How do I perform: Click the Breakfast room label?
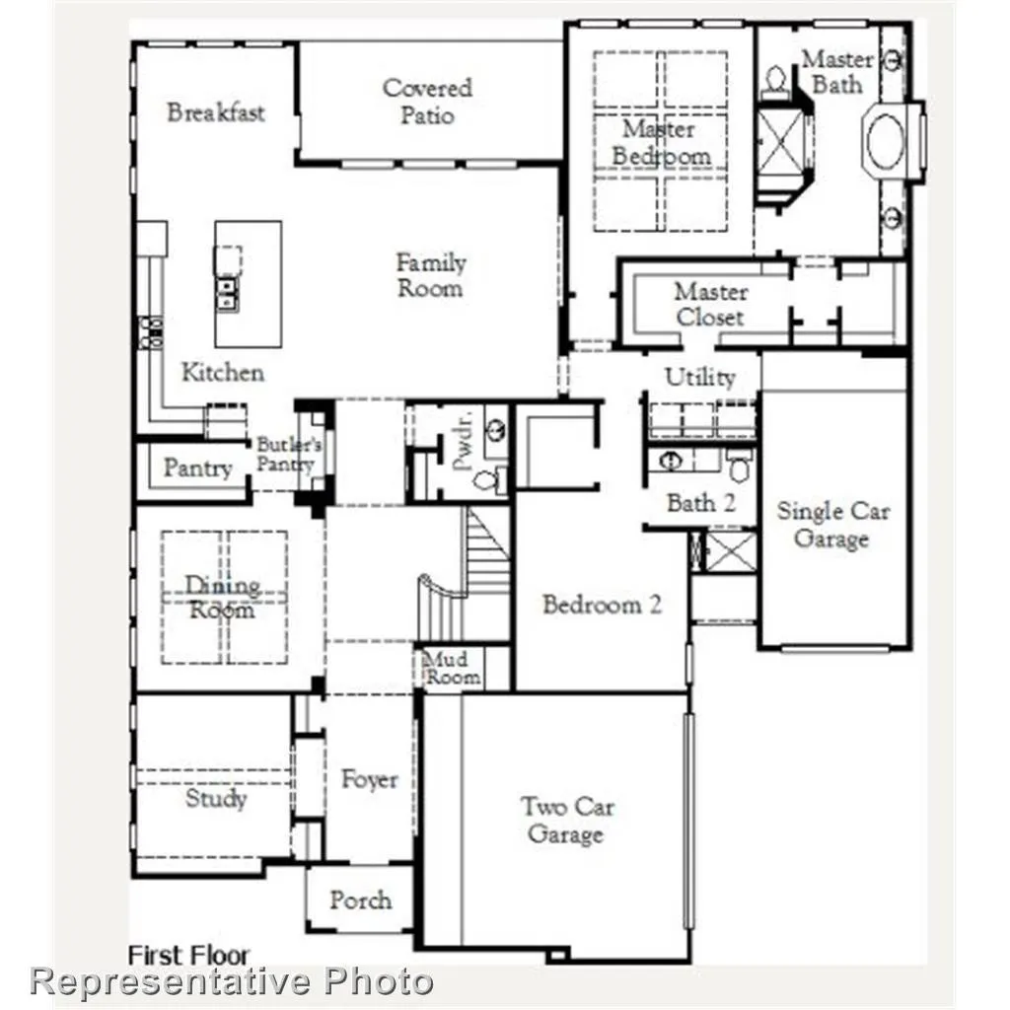[215, 111]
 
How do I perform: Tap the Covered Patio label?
[427, 102]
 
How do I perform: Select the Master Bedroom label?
[660, 143]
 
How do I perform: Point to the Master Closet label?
[710, 305]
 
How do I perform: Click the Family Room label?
[430, 275]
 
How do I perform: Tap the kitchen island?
[249, 283]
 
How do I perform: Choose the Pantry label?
[197, 468]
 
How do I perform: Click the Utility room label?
[699, 378]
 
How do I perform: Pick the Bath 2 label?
[700, 503]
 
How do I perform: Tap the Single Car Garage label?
[832, 525]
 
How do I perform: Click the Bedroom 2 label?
[602, 605]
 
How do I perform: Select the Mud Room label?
[453, 668]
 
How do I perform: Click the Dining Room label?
[223, 598]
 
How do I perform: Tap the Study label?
[216, 798]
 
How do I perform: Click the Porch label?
[360, 900]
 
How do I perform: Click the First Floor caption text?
[189, 954]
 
